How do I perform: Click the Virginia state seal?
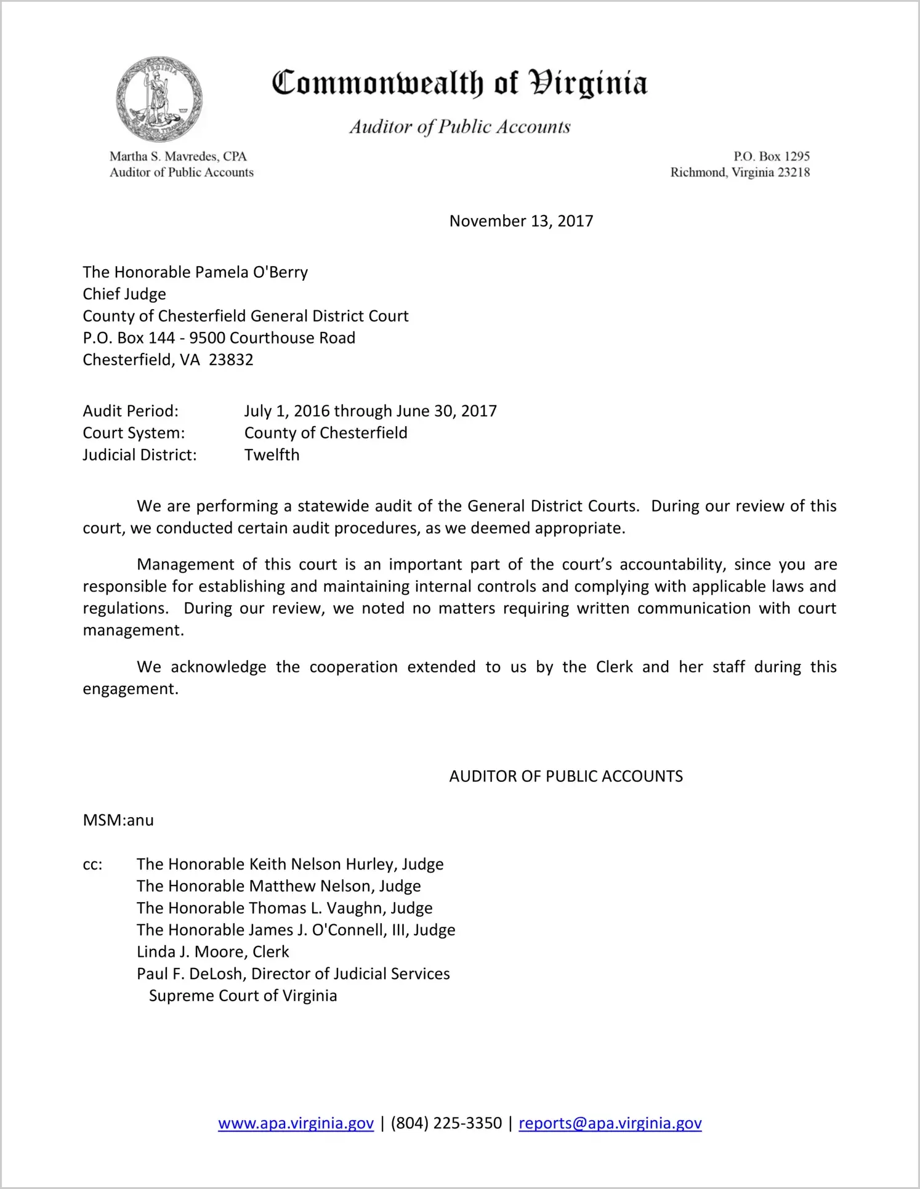click(x=159, y=99)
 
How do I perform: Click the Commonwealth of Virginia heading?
click(x=459, y=84)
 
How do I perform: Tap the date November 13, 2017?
click(x=521, y=221)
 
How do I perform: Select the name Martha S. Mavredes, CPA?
click(x=178, y=156)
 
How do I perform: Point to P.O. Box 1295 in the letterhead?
click(x=771, y=156)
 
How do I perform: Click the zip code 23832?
click(x=231, y=360)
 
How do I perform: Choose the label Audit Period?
click(x=131, y=411)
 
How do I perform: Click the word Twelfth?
click(x=272, y=455)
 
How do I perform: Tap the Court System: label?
click(x=134, y=433)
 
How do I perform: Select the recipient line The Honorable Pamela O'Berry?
click(x=195, y=272)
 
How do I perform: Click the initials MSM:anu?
click(x=118, y=820)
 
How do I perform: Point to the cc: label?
click(x=92, y=865)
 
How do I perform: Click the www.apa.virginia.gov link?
click(x=296, y=1123)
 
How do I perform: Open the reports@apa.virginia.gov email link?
click(x=610, y=1123)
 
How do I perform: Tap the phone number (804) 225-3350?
click(x=446, y=1123)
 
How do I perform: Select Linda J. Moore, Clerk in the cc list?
click(x=212, y=952)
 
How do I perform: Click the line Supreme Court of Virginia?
click(x=243, y=996)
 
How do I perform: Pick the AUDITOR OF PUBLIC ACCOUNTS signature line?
click(x=566, y=776)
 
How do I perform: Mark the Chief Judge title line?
click(x=124, y=294)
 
